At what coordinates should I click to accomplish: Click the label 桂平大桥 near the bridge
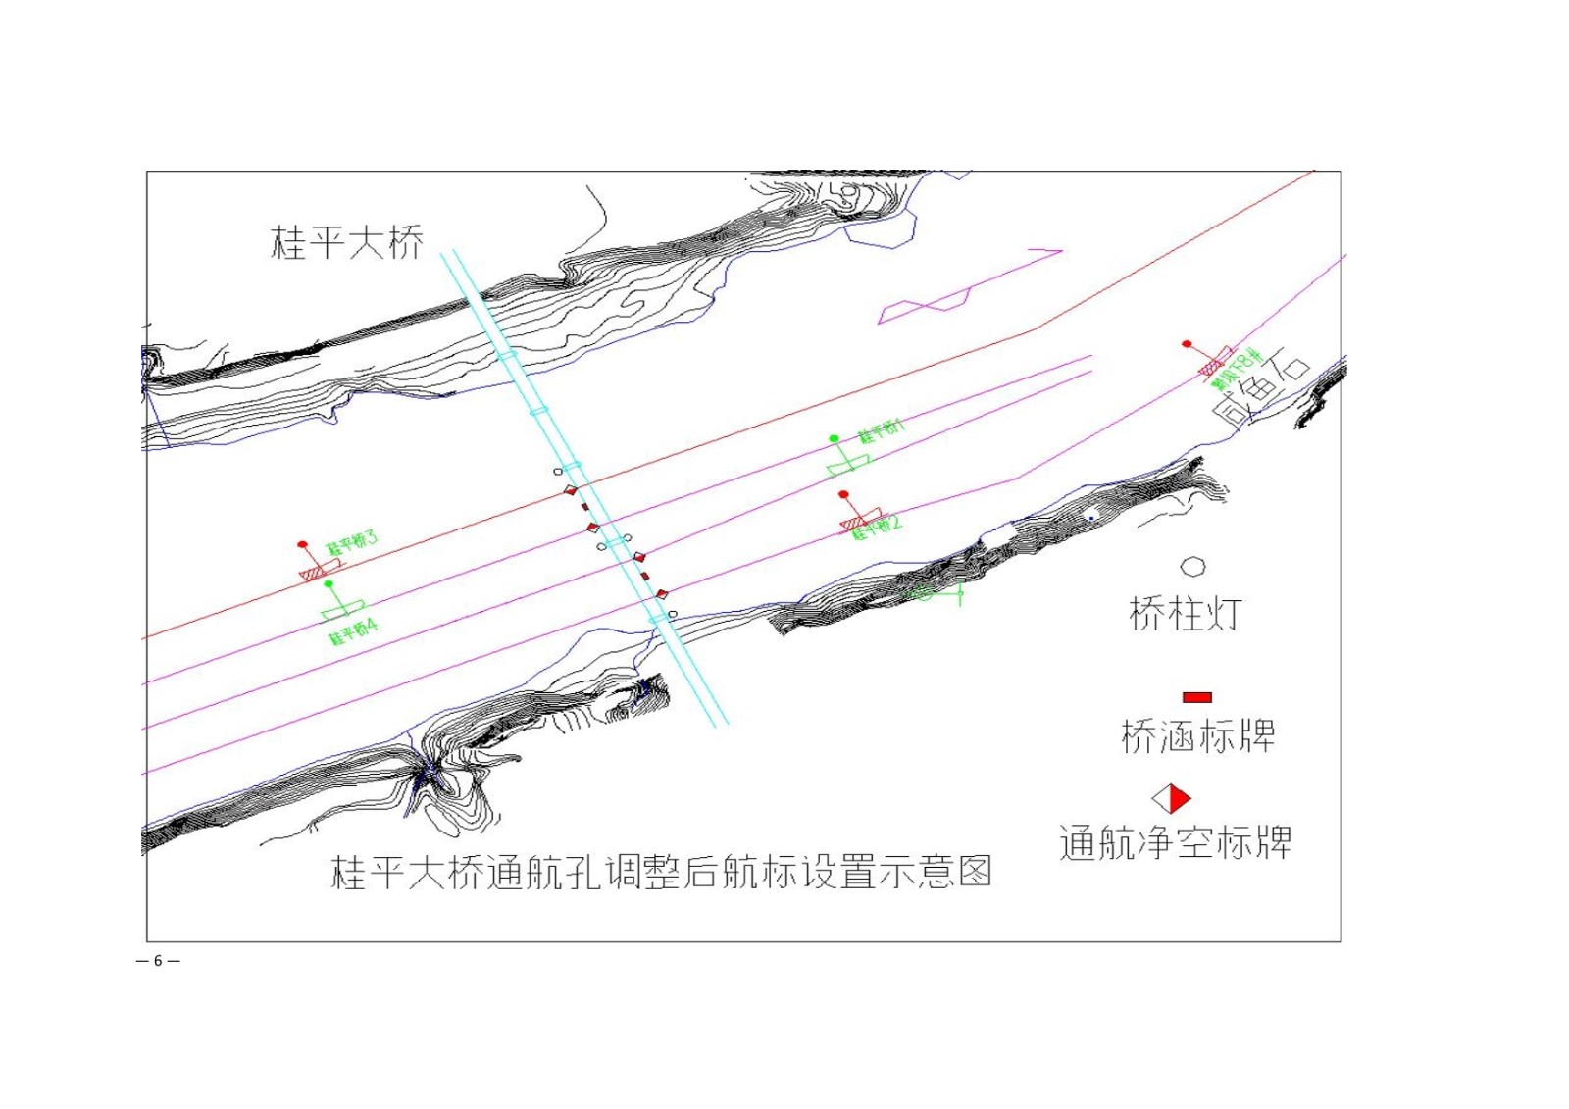tap(346, 242)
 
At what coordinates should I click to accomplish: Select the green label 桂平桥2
tap(877, 528)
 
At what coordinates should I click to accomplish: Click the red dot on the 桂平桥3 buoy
tap(303, 544)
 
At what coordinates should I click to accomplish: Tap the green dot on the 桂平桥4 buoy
tap(329, 584)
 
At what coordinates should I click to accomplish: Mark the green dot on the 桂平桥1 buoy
tap(834, 438)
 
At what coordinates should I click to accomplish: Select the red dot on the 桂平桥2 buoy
tap(843, 495)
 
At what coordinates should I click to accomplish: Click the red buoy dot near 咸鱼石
tap(1187, 344)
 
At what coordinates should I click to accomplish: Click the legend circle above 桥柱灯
tap(1192, 567)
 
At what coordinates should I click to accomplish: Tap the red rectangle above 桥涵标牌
tap(1196, 697)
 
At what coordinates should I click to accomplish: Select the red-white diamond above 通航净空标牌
tap(1171, 798)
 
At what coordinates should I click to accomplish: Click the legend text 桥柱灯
tap(1186, 615)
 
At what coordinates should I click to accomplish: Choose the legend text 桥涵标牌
tap(1197, 736)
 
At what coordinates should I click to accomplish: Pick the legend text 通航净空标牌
tap(1175, 843)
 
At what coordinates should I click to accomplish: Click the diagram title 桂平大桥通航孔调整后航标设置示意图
tap(662, 872)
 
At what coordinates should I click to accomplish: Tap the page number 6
tap(158, 961)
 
